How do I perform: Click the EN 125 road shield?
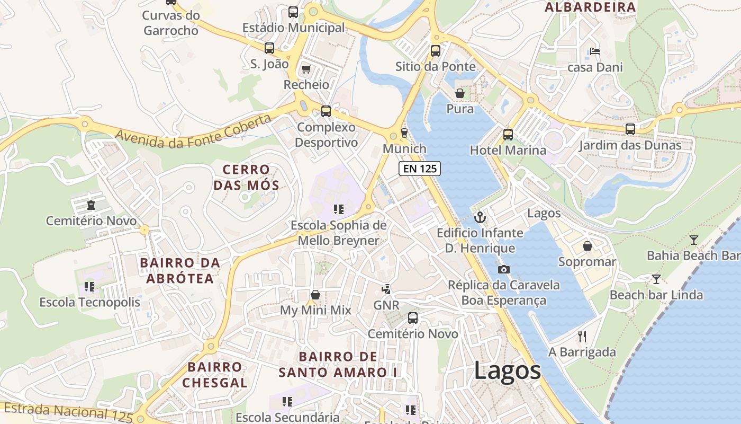[x=419, y=169]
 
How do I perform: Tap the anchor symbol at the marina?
[x=480, y=217]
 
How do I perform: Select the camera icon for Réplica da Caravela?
[x=504, y=269]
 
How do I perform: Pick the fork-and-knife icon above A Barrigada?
[x=582, y=336]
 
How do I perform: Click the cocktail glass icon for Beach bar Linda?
[x=656, y=279]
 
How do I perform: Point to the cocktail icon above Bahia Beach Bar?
[x=693, y=240]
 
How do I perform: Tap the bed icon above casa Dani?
[x=595, y=51]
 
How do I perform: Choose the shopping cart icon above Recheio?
[x=306, y=69]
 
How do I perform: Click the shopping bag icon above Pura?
[x=460, y=93]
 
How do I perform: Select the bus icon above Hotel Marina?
[x=508, y=135]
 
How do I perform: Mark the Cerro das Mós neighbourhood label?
[x=246, y=177]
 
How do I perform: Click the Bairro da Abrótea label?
[x=180, y=270]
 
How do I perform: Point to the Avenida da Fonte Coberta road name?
[x=193, y=131]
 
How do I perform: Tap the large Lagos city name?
[x=507, y=370]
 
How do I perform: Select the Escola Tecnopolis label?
[x=90, y=303]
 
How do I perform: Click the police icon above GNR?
[x=387, y=289]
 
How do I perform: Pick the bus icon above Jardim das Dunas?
[x=630, y=129]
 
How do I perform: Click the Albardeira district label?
[x=590, y=7]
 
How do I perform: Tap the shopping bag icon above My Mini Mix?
[x=315, y=295]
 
